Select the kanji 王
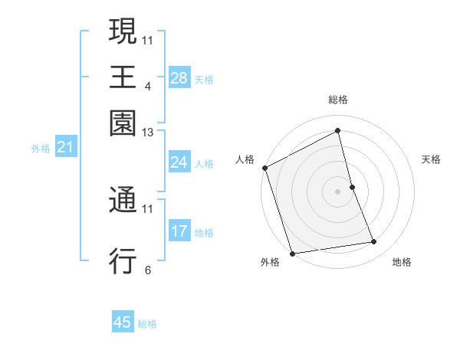point(123,77)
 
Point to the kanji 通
point(123,201)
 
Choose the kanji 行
point(123,260)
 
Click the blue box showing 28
point(179,78)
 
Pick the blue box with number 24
point(179,162)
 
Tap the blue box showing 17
point(179,231)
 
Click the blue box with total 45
point(123,322)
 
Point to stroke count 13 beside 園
point(148,133)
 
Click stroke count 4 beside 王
point(147,87)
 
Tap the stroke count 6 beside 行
point(147,270)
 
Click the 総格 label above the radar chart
point(338,100)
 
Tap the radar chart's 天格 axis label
point(431,159)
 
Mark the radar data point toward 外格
point(292,253)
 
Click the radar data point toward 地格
point(374,242)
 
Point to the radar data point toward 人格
point(264,168)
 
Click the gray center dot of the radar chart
point(338,191)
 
